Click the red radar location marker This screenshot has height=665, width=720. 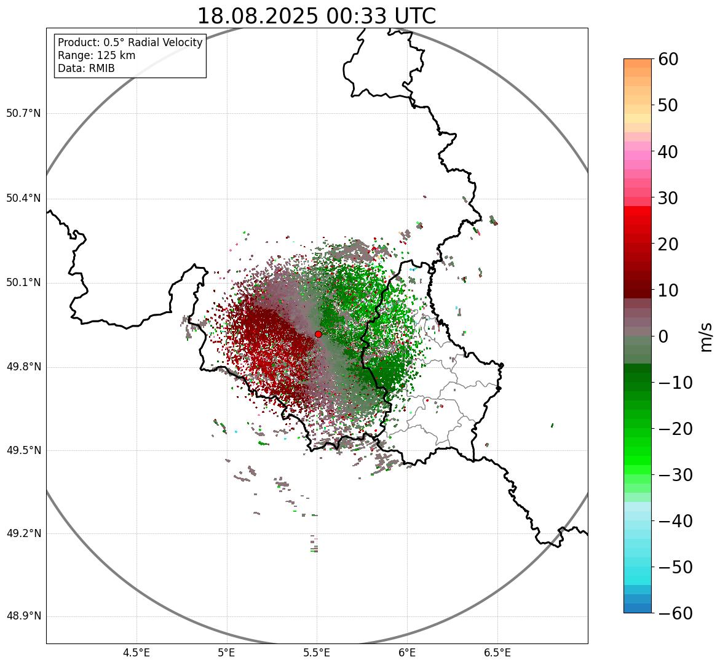click(318, 334)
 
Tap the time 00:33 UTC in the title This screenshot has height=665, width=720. click(381, 16)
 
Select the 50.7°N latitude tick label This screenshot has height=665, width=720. click(23, 113)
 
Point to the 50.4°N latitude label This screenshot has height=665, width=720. click(23, 198)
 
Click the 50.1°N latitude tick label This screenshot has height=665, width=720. click(23, 282)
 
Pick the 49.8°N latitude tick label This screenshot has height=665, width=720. click(23, 367)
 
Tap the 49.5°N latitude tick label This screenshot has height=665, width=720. click(23, 450)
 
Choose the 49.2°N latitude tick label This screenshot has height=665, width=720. click(23, 533)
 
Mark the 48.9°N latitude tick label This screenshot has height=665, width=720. click(23, 616)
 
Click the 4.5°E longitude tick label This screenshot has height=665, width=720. click(136, 653)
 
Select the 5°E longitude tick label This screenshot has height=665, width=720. click(227, 653)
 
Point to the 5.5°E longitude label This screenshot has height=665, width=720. click(317, 653)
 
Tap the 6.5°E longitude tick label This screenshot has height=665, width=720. click(497, 653)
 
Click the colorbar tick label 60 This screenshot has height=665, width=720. click(668, 59)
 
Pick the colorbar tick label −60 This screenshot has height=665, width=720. click(675, 613)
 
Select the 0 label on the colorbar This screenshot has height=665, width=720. click(663, 336)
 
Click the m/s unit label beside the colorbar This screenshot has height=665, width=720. click(706, 336)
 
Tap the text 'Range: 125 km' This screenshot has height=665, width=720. click(97, 55)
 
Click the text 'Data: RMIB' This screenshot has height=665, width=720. click(86, 68)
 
